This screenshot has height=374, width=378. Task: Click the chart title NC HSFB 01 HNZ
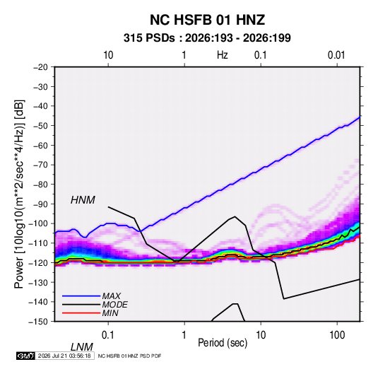[207, 20]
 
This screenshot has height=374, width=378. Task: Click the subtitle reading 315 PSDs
[149, 38]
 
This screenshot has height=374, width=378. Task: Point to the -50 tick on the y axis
[40, 126]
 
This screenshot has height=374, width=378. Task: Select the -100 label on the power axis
[38, 223]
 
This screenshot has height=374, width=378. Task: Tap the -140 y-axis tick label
[38, 302]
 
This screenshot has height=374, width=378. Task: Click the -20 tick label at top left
[40, 67]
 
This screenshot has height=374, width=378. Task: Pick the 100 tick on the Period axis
[337, 335]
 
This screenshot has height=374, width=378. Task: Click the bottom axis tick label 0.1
[108, 335]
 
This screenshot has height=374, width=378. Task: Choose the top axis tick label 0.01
[336, 55]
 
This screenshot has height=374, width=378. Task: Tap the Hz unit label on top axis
[223, 55]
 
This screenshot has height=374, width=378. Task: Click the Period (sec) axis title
[223, 343]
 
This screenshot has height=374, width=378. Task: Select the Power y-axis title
[19, 194]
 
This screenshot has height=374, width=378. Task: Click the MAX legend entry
[111, 296]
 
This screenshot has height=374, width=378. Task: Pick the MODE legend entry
[114, 305]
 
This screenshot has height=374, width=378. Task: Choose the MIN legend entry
[110, 313]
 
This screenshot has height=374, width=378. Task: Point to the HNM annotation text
[83, 200]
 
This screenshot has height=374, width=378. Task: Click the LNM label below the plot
[82, 347]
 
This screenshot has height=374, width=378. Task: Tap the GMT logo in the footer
[25, 356]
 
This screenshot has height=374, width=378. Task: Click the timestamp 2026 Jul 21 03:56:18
[64, 356]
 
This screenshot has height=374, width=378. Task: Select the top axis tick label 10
[108, 55]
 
